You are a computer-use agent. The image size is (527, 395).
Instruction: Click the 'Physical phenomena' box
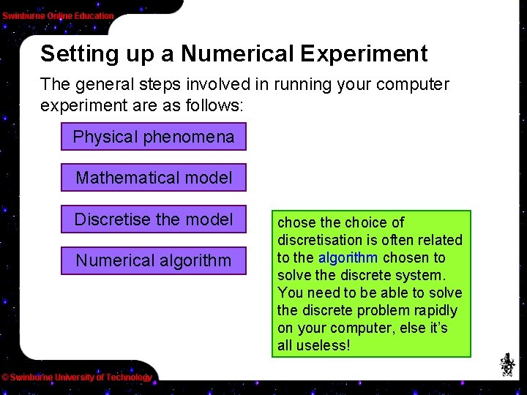coord(154,137)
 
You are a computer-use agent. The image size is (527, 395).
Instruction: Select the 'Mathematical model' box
coord(154,178)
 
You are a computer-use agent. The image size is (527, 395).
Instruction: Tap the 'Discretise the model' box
coord(154,219)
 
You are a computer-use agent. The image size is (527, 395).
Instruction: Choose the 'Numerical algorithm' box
coord(154,260)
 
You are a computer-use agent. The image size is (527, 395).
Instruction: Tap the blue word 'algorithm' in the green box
coord(348,257)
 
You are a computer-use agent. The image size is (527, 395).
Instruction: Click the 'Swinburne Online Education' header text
coord(58,15)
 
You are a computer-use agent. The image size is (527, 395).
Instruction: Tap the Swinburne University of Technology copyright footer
coord(76,377)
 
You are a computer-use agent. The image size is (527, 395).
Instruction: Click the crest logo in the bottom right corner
coord(507,364)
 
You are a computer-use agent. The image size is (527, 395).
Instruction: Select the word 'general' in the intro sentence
coord(105,84)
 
